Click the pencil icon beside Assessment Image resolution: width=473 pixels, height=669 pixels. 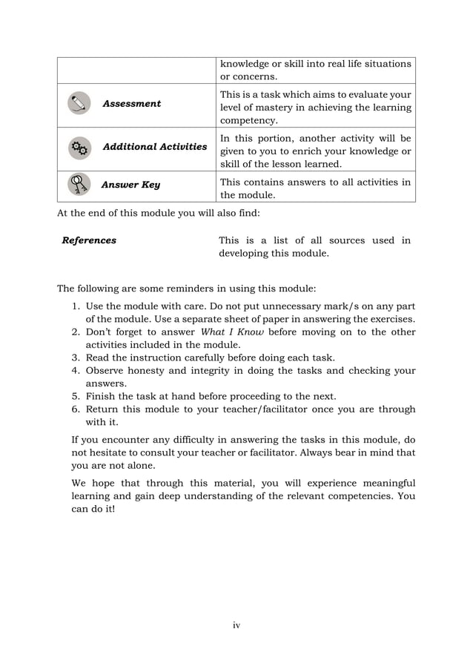(78, 104)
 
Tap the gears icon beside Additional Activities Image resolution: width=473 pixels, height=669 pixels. (78, 148)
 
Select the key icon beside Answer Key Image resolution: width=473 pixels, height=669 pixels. (78, 185)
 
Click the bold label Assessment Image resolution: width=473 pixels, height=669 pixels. (131, 104)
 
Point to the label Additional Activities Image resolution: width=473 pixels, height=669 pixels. (154, 147)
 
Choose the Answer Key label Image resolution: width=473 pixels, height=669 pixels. (130, 185)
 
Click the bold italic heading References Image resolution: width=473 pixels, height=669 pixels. (89, 240)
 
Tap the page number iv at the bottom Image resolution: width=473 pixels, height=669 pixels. (236, 625)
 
